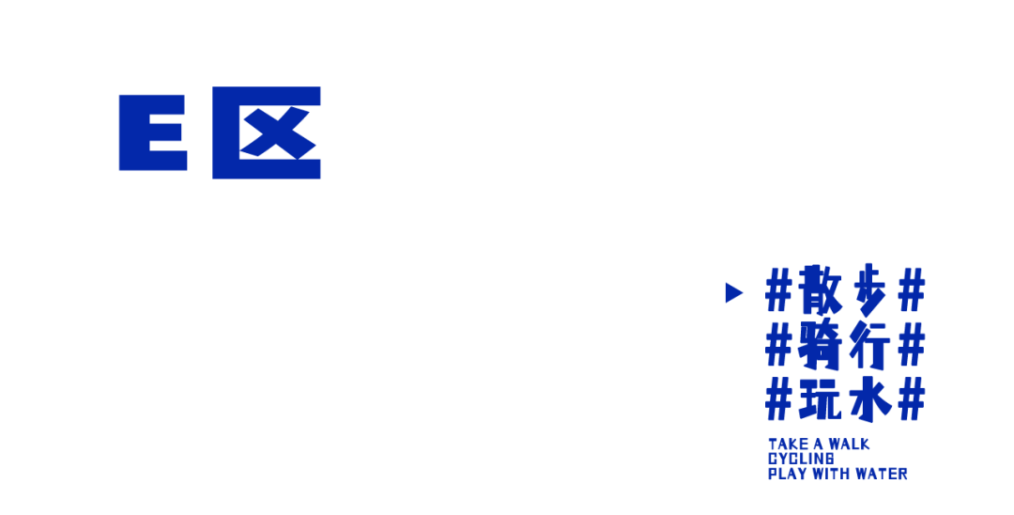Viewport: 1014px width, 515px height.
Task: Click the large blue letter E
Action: [x=152, y=133]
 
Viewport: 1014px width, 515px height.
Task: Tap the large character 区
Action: [x=267, y=133]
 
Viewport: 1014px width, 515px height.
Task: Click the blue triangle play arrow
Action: [x=734, y=292]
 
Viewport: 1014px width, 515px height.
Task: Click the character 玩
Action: [x=822, y=398]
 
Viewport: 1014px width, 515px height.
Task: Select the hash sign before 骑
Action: [x=779, y=345]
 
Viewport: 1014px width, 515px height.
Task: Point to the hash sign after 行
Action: [x=912, y=345]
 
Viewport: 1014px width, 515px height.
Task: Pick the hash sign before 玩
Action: [x=779, y=399]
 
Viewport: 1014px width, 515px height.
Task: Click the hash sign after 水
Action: [x=912, y=399]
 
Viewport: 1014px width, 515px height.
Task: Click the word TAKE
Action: [x=785, y=445]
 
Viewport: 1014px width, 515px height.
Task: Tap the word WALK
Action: [x=849, y=445]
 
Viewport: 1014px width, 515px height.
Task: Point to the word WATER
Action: [x=883, y=475]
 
